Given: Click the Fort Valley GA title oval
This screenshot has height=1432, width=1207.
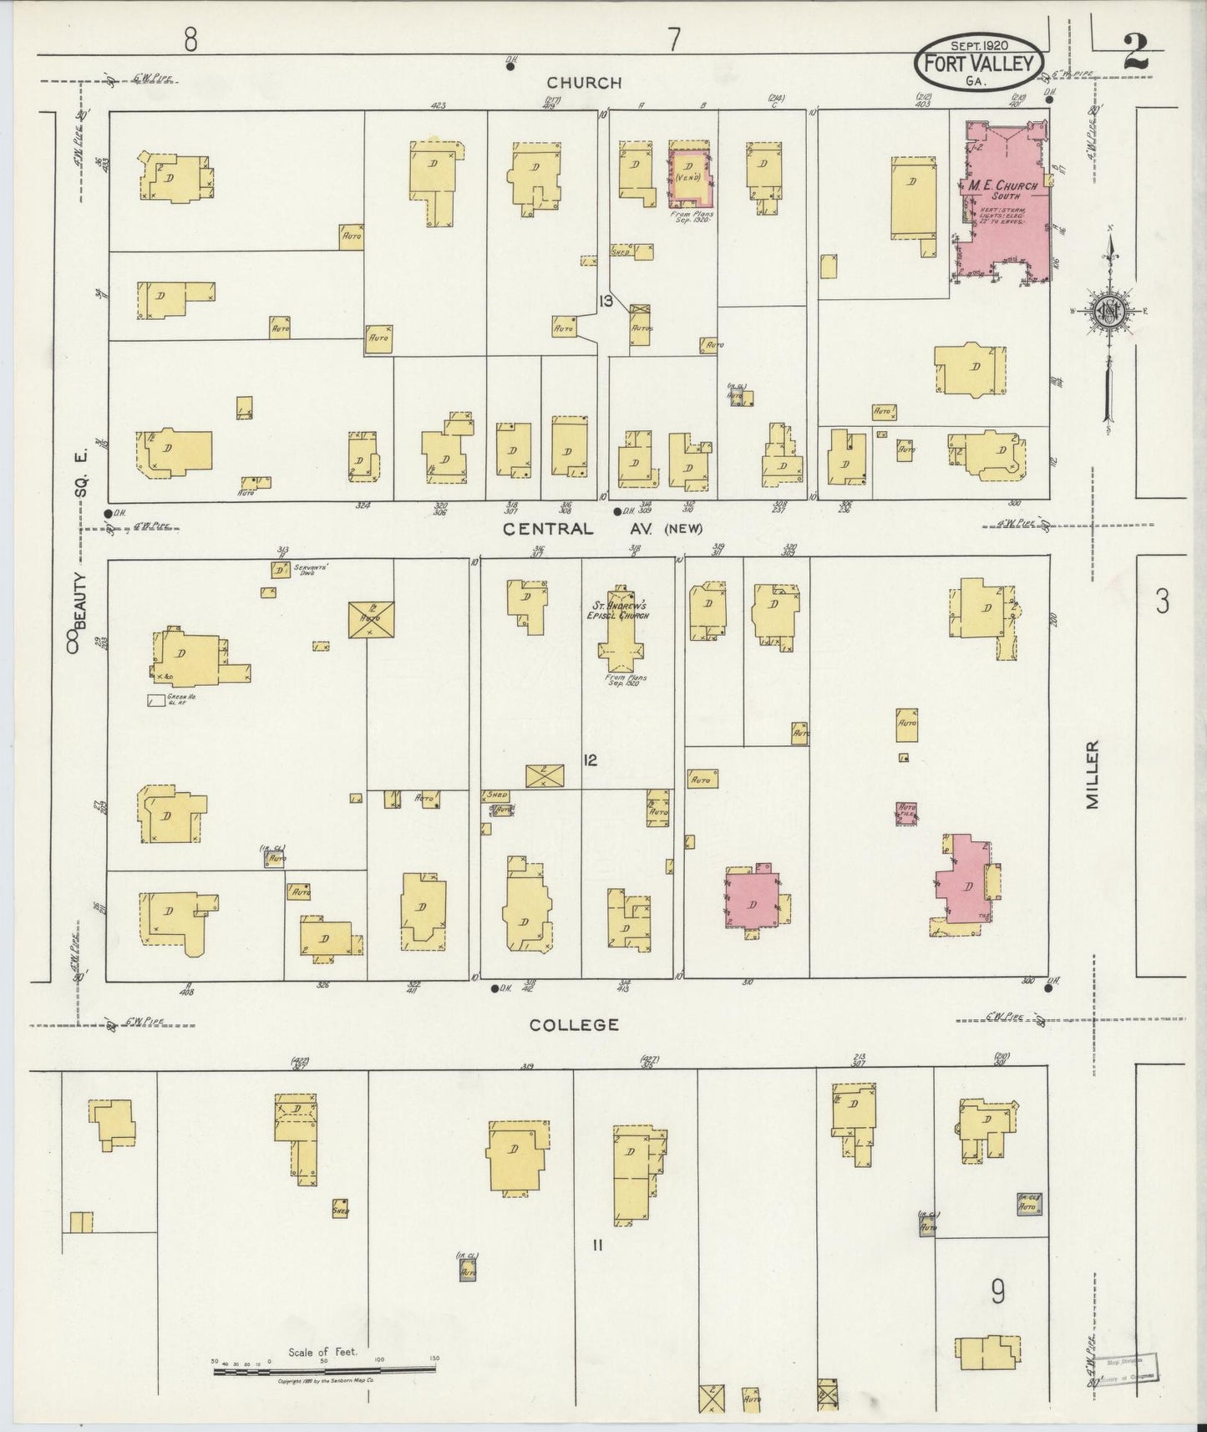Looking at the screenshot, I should [980, 60].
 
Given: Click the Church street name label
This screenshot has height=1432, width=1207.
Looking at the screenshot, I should [584, 83].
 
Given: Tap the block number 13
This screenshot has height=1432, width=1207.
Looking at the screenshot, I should [606, 301].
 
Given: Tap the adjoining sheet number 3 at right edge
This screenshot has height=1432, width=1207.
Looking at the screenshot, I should [1161, 602].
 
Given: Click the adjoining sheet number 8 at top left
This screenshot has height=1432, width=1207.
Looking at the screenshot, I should [191, 39].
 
